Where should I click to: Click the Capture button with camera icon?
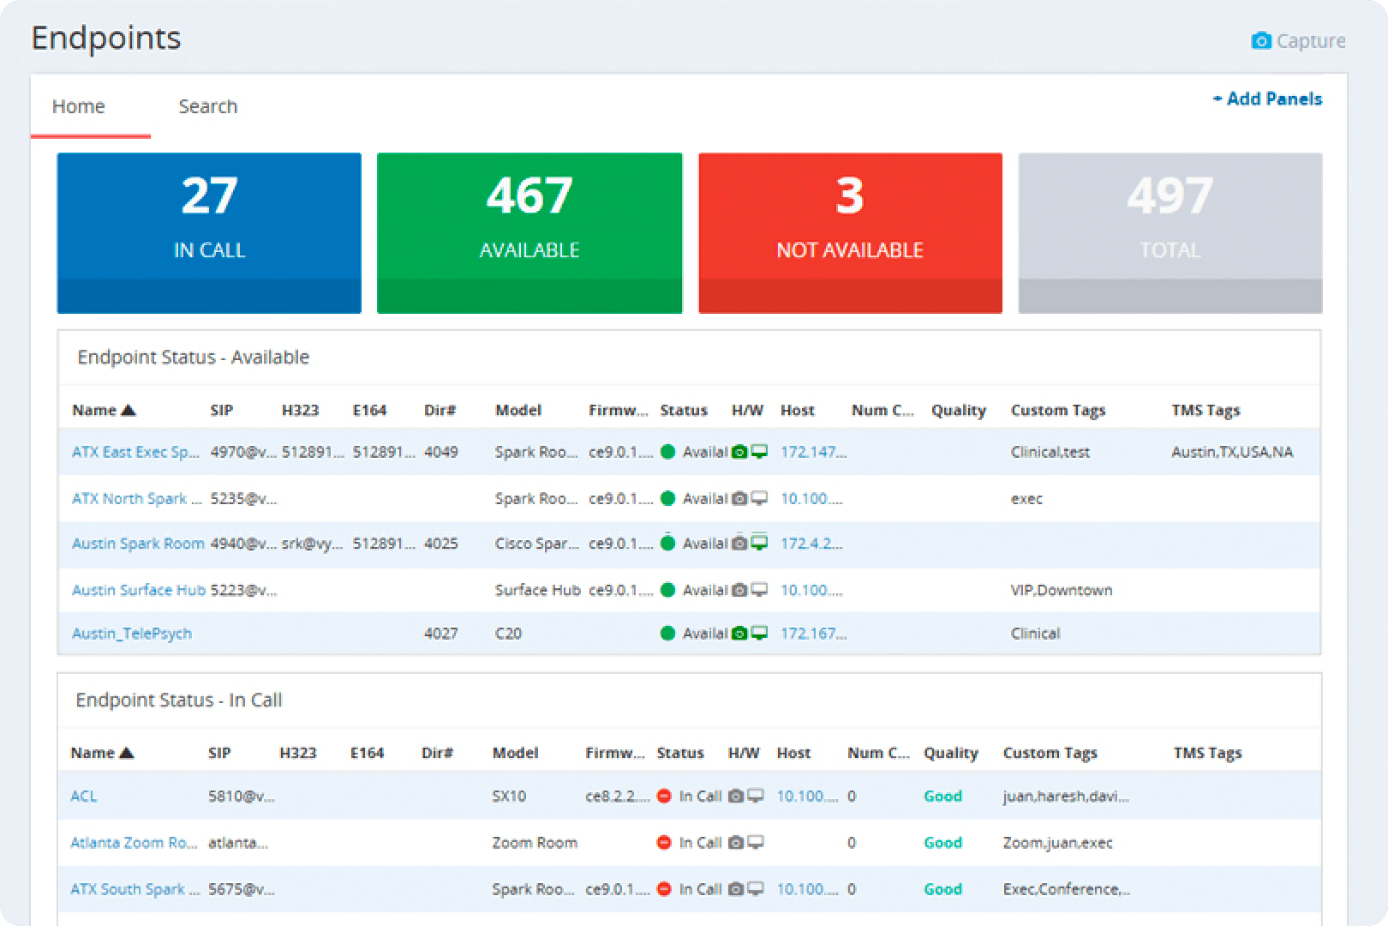click(1298, 41)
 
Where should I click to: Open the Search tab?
click(207, 106)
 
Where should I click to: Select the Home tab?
click(78, 106)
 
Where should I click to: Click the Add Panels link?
click(1267, 99)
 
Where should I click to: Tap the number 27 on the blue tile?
click(209, 195)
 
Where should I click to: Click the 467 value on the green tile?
click(529, 195)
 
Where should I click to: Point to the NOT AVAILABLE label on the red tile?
click(849, 250)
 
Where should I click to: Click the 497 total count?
click(1170, 195)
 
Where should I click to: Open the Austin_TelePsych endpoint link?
click(132, 634)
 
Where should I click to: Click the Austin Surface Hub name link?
click(138, 590)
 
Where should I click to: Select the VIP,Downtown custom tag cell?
click(1061, 590)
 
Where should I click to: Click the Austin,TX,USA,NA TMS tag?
click(1231, 452)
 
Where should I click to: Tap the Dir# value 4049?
click(440, 452)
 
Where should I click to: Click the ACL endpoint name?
click(83, 796)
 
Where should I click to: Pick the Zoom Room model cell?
click(534, 843)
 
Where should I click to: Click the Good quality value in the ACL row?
click(942, 796)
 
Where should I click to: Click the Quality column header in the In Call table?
click(950, 753)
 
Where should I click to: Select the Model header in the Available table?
click(518, 410)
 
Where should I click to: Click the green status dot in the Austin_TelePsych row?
click(668, 634)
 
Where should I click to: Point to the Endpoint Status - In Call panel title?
click(178, 700)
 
